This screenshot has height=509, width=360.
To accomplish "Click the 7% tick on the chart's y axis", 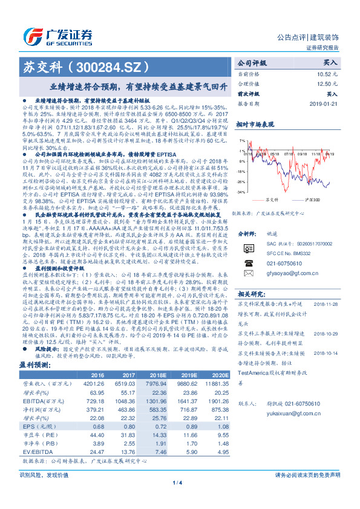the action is click(241, 140).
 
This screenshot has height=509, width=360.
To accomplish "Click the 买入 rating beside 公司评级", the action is click(330, 62).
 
